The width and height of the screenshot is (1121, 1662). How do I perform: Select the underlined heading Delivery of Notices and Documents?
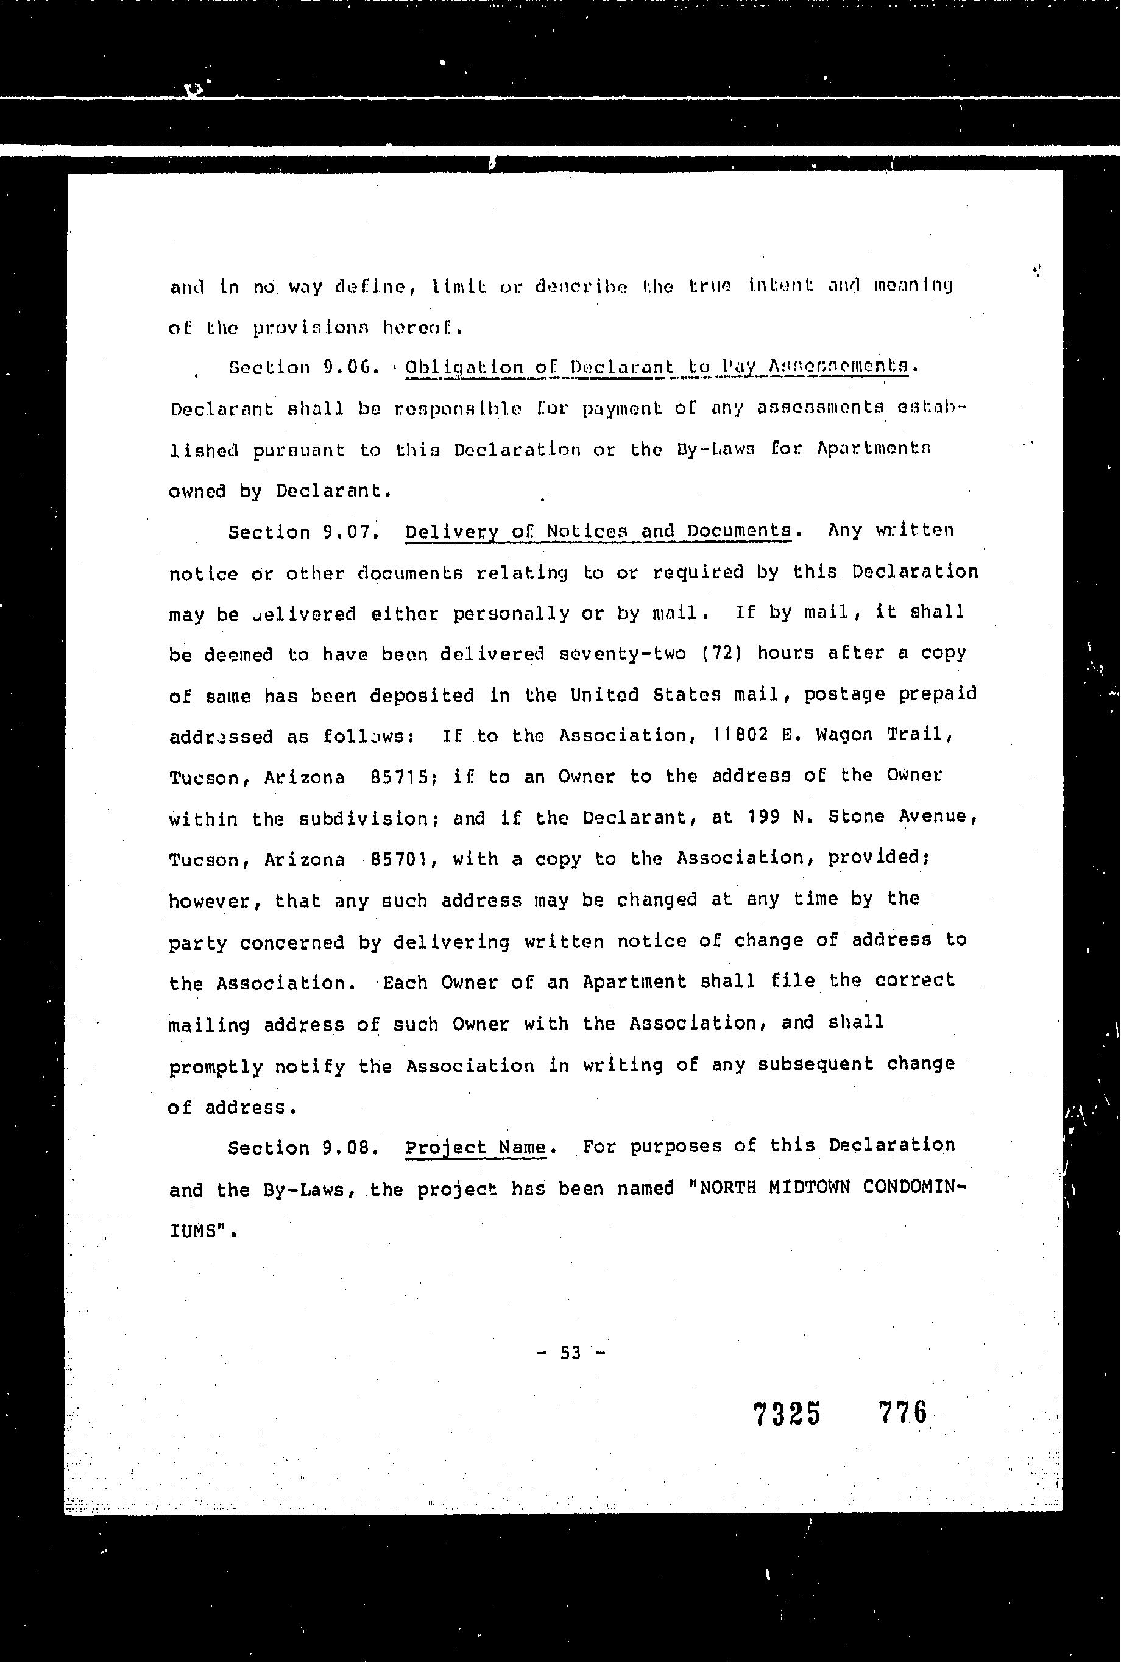click(x=598, y=531)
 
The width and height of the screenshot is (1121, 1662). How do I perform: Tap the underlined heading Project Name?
click(x=475, y=1147)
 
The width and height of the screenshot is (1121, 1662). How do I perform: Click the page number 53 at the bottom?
click(x=570, y=1352)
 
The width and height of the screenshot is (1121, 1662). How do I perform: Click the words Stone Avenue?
click(x=902, y=816)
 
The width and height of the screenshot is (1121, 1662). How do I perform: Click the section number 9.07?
click(x=348, y=532)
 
